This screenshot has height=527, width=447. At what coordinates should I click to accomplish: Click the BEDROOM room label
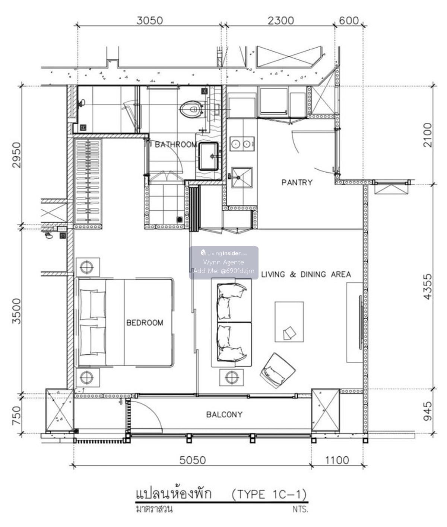click(x=145, y=323)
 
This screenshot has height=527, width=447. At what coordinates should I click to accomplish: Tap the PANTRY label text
click(x=297, y=182)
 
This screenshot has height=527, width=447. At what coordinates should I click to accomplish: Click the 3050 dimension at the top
click(x=149, y=20)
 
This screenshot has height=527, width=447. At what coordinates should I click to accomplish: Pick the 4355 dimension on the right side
click(x=428, y=287)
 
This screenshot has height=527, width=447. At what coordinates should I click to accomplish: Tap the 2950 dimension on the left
click(x=16, y=155)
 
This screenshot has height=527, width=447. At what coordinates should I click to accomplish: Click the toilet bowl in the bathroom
click(x=191, y=110)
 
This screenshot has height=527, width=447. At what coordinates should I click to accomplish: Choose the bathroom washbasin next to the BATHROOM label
click(x=209, y=156)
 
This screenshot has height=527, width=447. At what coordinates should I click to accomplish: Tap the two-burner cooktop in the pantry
click(x=242, y=144)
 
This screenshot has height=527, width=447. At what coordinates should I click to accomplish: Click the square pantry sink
click(x=242, y=178)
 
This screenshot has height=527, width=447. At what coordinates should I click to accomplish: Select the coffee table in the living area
click(x=289, y=322)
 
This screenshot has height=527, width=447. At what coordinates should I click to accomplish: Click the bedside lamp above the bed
click(x=88, y=267)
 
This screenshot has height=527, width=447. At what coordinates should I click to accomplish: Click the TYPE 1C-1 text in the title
click(x=269, y=494)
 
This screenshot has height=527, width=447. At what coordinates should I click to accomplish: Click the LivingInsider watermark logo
click(x=223, y=253)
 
